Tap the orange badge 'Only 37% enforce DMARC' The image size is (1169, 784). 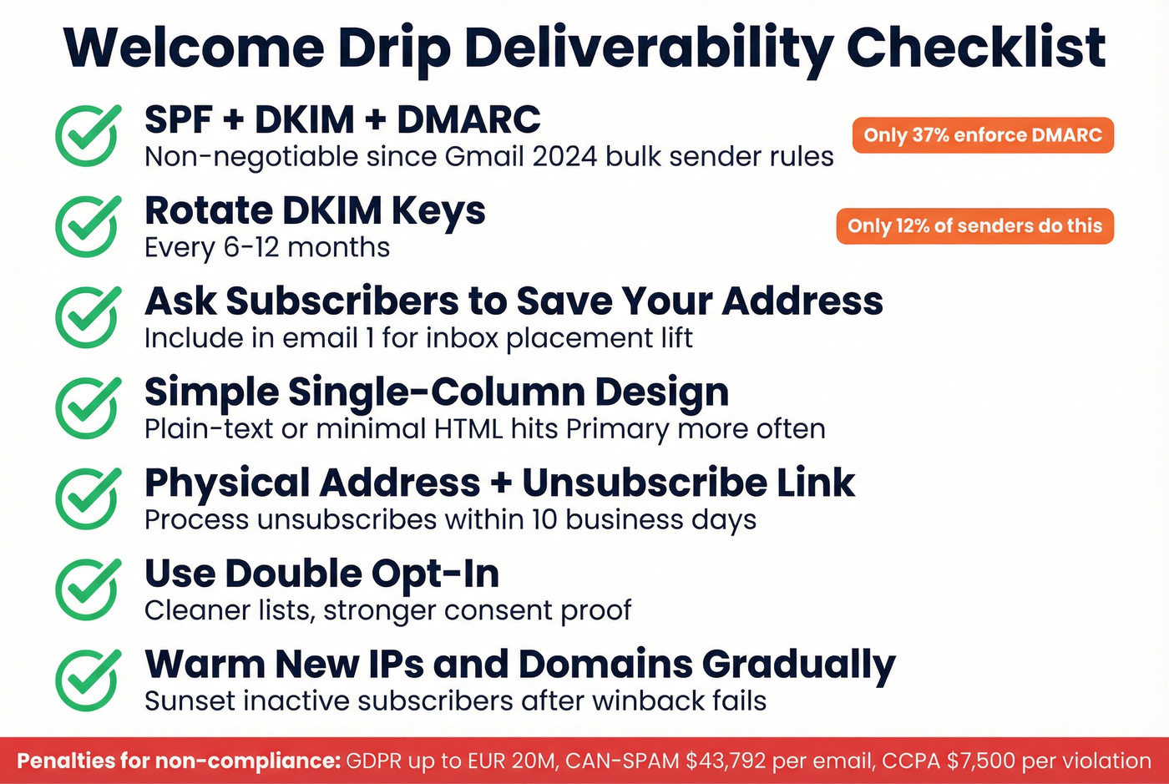pyautogui.click(x=983, y=135)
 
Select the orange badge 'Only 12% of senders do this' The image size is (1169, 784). pyautogui.click(x=974, y=226)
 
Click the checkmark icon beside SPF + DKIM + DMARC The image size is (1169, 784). pyautogui.click(x=88, y=135)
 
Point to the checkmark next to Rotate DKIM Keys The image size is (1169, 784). pyautogui.click(x=88, y=226)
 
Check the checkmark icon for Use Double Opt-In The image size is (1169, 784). pyautogui.click(x=88, y=589)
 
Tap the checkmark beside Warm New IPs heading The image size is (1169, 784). pyautogui.click(x=88, y=680)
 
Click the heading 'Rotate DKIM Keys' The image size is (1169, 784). pyautogui.click(x=315, y=211)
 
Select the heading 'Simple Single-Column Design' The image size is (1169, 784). pyautogui.click(x=436, y=392)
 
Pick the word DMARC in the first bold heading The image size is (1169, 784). pyautogui.click(x=468, y=120)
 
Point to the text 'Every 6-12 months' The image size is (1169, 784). pyautogui.click(x=266, y=248)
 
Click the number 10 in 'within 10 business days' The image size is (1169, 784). pyautogui.click(x=544, y=520)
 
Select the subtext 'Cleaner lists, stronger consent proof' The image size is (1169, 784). pyautogui.click(x=387, y=610)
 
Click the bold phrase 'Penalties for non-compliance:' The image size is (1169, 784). pyautogui.click(x=179, y=761)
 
